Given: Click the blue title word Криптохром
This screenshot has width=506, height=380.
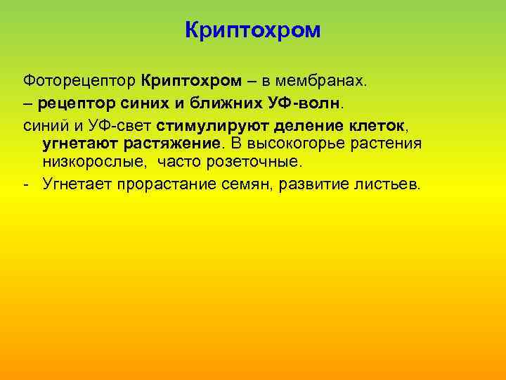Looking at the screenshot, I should point(252,30).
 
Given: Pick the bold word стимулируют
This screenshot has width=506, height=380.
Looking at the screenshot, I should point(209,126).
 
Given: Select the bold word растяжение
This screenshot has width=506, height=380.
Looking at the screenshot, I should point(170,144).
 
